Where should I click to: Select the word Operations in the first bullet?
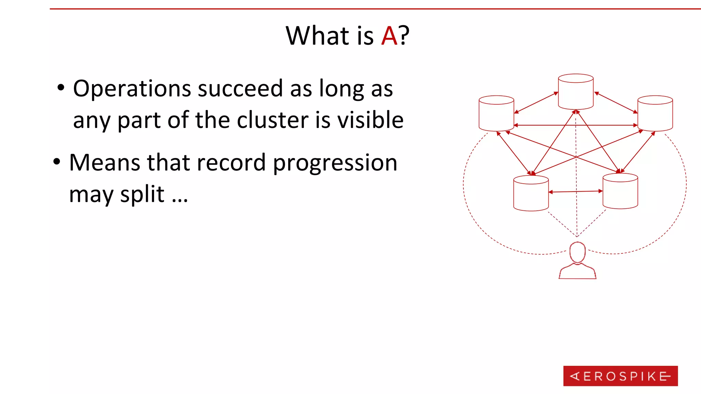pyautogui.click(x=132, y=89)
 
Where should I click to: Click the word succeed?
pyautogui.click(x=240, y=88)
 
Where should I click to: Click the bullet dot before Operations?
pyautogui.click(x=61, y=88)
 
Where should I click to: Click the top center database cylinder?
pyautogui.click(x=576, y=92)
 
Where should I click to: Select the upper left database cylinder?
pyautogui.click(x=496, y=113)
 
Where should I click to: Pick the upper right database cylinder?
pyautogui.click(x=655, y=113)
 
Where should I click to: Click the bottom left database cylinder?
pyautogui.click(x=531, y=193)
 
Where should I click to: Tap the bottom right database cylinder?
pyautogui.click(x=620, y=191)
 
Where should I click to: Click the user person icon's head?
pyautogui.click(x=577, y=252)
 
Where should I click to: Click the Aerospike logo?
pyautogui.click(x=620, y=376)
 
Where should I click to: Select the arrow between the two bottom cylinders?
pyautogui.click(x=576, y=192)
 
